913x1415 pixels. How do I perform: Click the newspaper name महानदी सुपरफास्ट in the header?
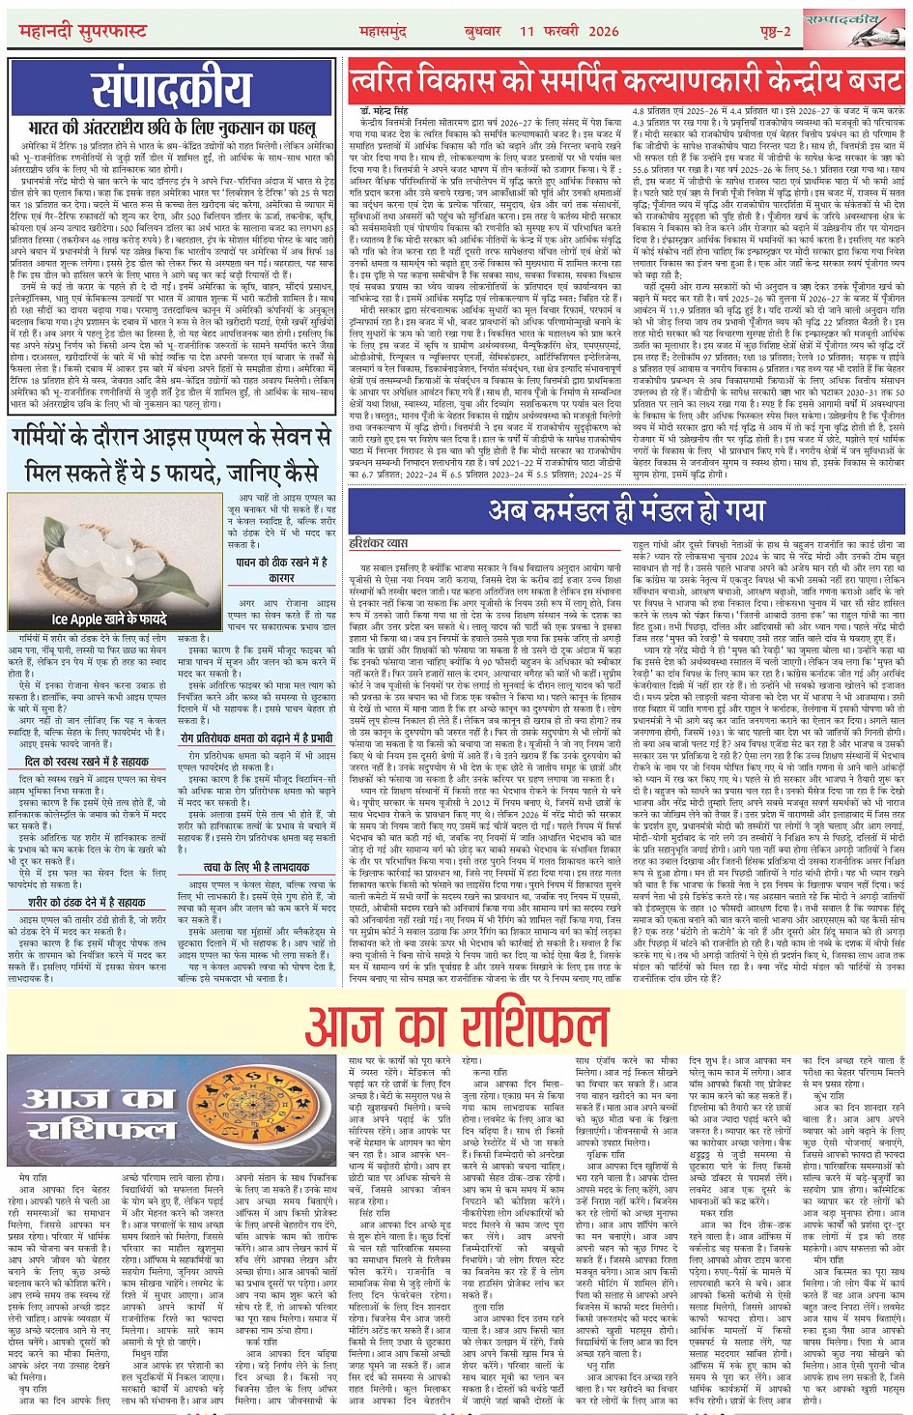[83, 31]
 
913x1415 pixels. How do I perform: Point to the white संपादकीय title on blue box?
[172, 90]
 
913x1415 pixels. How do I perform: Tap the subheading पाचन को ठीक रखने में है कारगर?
[281, 569]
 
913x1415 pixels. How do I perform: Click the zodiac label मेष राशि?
[35, 1177]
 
